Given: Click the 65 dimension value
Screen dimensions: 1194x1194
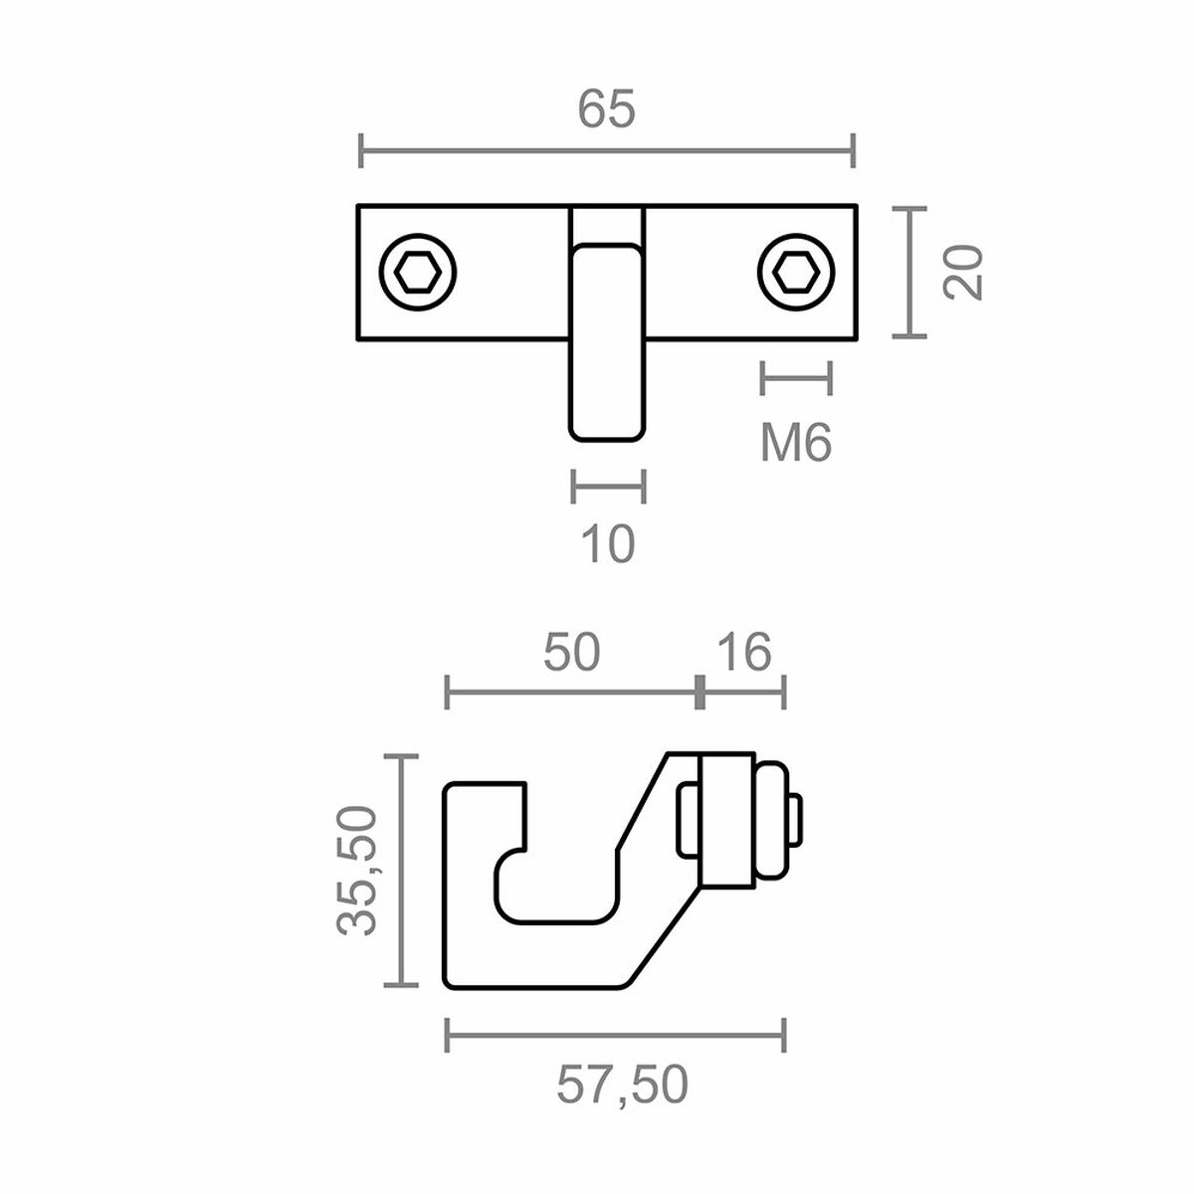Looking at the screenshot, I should click(606, 109).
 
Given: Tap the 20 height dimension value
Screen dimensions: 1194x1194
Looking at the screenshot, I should click(964, 271).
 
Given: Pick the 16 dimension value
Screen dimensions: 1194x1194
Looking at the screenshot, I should click(742, 653).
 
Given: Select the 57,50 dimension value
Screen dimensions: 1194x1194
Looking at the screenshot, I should click(621, 1085).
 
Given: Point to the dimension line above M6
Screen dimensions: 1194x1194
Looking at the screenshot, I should click(796, 378).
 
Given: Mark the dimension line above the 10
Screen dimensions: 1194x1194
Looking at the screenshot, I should click(608, 488).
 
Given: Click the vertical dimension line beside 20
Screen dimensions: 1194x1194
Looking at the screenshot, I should click(908, 272).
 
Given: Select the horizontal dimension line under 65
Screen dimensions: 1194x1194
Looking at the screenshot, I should click(606, 152).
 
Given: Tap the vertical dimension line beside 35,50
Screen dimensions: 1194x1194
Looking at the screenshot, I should click(401, 871).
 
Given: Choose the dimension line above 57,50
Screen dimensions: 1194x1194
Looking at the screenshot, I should click(616, 1035).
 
